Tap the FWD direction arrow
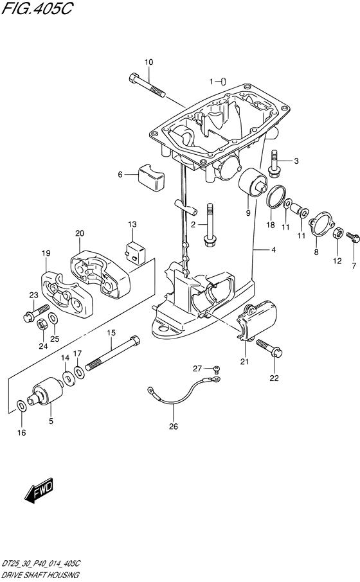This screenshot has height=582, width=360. click(x=39, y=489)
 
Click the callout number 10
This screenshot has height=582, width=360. click(x=148, y=62)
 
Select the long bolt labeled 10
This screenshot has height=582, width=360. click(x=147, y=85)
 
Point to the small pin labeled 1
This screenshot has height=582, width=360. click(x=224, y=82)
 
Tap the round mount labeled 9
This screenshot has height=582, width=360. click(x=253, y=183)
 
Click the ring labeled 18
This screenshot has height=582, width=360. click(x=276, y=197)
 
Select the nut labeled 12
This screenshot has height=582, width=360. click(x=337, y=233)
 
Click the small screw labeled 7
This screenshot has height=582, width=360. click(x=352, y=236)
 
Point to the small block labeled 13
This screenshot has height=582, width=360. click(x=135, y=252)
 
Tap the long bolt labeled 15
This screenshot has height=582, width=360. click(x=113, y=353)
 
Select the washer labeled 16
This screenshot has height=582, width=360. click(x=22, y=406)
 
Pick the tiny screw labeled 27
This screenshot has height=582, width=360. click(x=217, y=369)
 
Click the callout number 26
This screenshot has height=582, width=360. click(x=174, y=427)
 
